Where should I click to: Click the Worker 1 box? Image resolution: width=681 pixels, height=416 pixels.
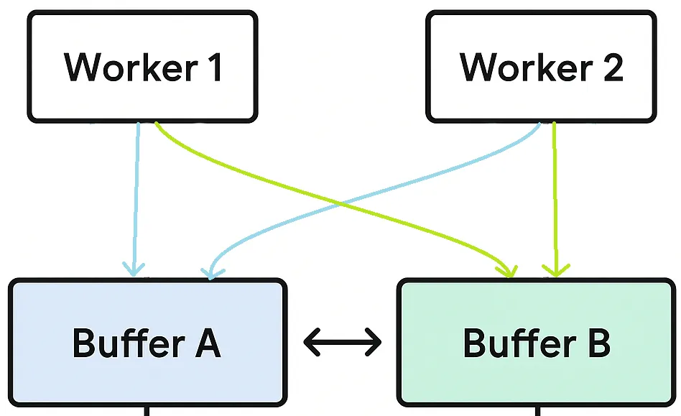(x=142, y=66)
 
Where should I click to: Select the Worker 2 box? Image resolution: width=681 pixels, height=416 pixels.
(x=541, y=66)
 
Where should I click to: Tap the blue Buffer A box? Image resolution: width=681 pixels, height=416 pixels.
(x=147, y=342)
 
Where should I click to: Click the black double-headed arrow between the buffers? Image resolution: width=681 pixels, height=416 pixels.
(x=343, y=342)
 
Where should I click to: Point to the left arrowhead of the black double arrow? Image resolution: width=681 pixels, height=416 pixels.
(x=311, y=342)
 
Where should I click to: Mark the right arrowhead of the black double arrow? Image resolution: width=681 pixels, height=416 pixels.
(x=374, y=342)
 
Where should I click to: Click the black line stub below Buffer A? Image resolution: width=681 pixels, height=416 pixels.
(x=147, y=410)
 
